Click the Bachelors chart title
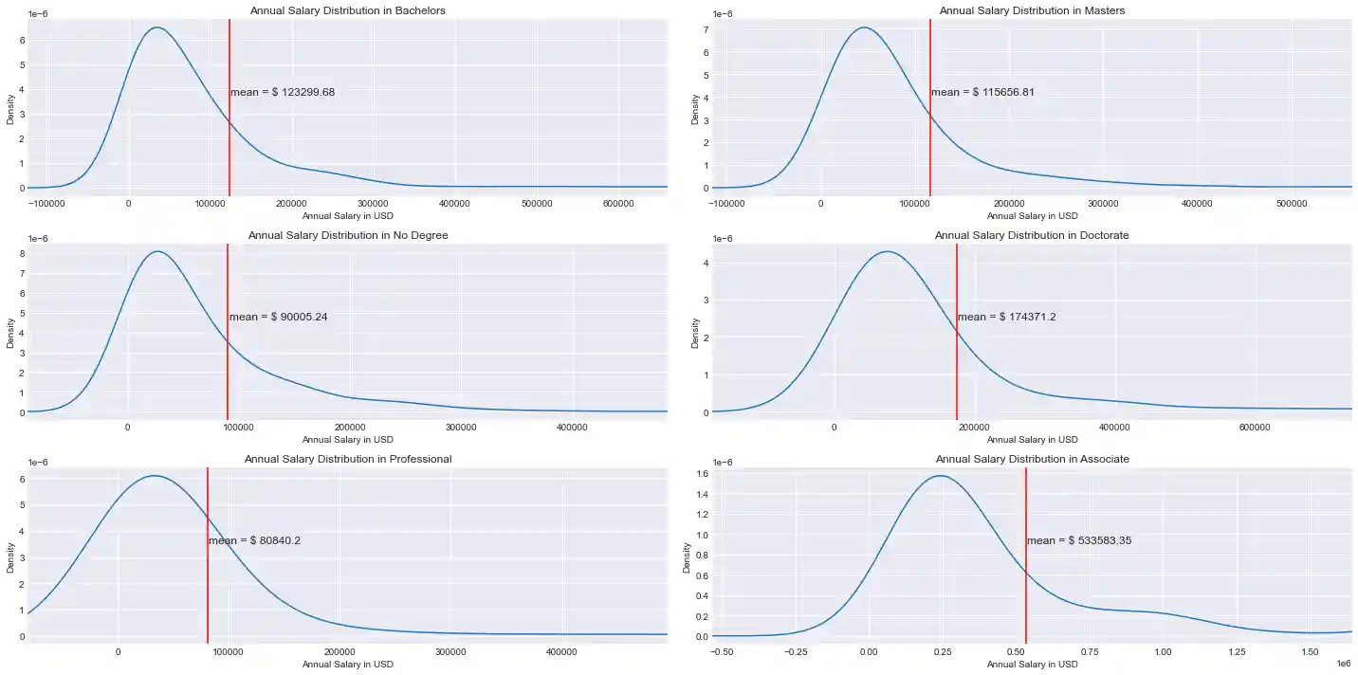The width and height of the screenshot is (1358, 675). point(347,10)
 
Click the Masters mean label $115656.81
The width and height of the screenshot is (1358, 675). point(982,93)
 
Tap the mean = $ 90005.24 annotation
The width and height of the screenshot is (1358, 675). point(278,317)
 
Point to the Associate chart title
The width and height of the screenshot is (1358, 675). point(1032,459)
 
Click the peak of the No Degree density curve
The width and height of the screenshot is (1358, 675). point(157,251)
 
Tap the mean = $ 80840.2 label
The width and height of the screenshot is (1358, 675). point(254,541)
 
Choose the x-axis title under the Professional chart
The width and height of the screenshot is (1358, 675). point(347,665)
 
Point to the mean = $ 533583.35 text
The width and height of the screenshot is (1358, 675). point(1079,541)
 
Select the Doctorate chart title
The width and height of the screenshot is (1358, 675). point(1032,235)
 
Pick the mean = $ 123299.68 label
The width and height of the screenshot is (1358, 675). point(283,93)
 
